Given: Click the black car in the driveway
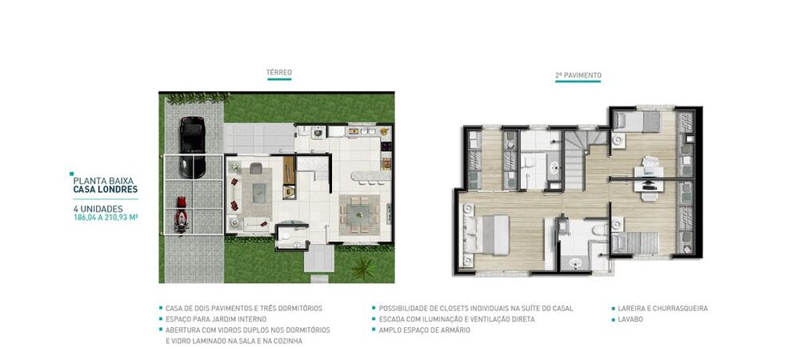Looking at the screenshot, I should (x=192, y=135).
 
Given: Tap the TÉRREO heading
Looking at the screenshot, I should (x=278, y=73).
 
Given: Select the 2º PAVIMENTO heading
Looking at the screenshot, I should (x=578, y=76).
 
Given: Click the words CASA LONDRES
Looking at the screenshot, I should (x=105, y=190).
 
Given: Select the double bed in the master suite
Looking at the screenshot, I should (x=486, y=233).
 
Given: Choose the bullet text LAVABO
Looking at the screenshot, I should (x=630, y=319).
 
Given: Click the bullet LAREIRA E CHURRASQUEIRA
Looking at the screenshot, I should (x=662, y=308).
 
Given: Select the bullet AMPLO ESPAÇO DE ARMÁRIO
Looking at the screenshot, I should (x=424, y=330).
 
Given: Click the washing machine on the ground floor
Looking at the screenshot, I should (x=317, y=135).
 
